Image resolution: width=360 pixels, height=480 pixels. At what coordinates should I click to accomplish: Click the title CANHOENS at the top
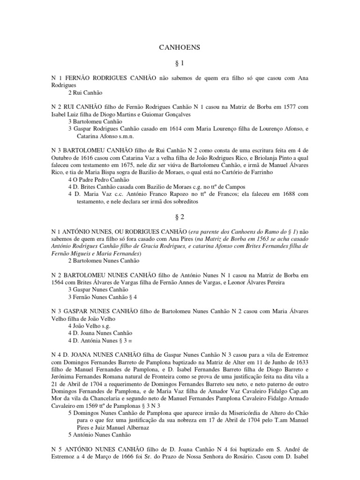[180, 47]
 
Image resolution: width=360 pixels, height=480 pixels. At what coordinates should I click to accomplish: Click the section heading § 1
[180, 62]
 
